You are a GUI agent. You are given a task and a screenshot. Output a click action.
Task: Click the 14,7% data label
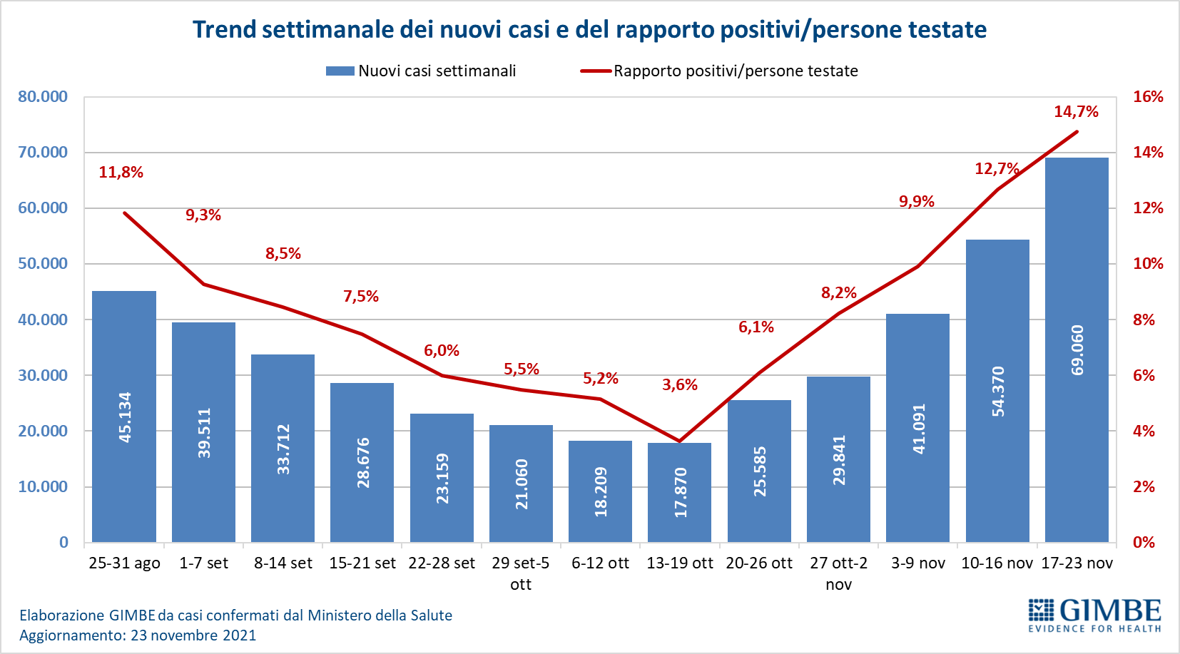(1076, 111)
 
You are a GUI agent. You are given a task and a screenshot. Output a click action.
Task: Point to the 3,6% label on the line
(680, 384)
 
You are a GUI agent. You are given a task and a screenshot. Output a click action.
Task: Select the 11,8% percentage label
(121, 172)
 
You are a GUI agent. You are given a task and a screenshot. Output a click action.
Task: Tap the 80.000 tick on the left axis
(43, 96)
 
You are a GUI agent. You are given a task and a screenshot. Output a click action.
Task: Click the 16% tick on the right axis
(1148, 96)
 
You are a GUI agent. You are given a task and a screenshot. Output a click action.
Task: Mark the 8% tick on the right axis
(1144, 320)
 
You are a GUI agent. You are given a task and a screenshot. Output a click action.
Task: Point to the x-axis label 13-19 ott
(680, 563)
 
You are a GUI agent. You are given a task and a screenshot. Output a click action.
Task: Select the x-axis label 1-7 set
(203, 563)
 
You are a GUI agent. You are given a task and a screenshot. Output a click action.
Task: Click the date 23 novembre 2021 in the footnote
(193, 635)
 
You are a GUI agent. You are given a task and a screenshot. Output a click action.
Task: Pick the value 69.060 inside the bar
(1077, 350)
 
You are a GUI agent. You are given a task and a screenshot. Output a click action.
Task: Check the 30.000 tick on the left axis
(43, 375)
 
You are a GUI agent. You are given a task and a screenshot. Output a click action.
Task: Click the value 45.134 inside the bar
(125, 417)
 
